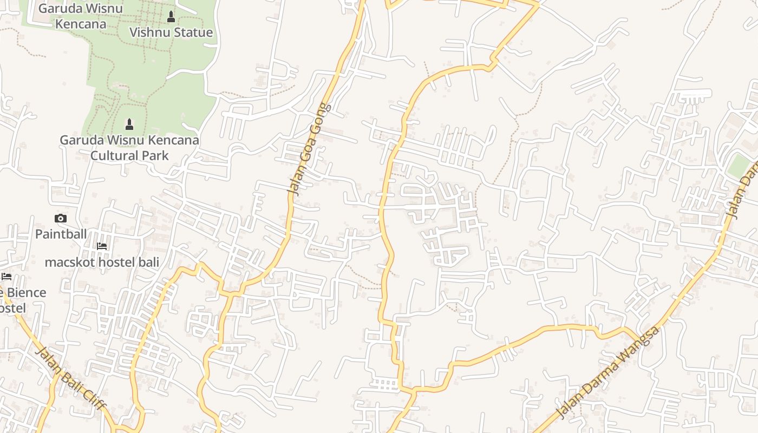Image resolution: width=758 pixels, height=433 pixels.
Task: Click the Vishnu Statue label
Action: point(171,32)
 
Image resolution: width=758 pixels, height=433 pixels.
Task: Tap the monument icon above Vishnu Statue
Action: point(171,17)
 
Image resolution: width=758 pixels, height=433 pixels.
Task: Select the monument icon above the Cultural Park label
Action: point(129,124)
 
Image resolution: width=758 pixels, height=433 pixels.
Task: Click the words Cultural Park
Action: point(129,156)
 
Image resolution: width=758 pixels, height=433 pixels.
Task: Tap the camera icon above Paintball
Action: point(61,219)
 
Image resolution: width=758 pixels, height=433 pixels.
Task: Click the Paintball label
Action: point(61,234)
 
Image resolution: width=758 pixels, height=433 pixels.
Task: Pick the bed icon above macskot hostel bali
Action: point(102,246)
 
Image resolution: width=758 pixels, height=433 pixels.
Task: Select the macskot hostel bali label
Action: point(102,263)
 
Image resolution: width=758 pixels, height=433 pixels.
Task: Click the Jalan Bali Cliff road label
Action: point(70,378)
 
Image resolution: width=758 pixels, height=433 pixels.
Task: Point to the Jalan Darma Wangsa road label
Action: point(608,372)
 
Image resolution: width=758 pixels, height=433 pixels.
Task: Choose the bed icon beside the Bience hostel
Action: point(6,277)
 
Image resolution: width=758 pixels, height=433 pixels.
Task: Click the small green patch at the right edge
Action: point(739,165)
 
